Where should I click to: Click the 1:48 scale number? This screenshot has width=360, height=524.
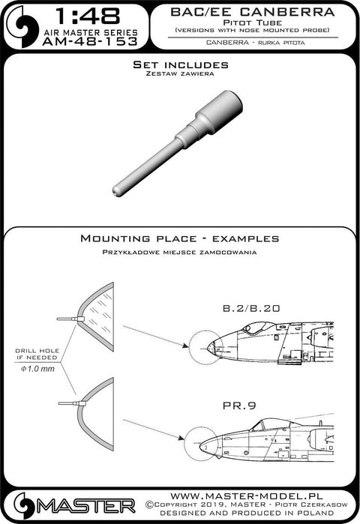pos(88,16)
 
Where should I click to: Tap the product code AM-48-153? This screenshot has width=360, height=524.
pos(90,41)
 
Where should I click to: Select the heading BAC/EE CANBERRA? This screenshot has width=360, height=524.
pos(252,12)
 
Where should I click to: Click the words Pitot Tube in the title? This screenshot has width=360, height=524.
pos(253,22)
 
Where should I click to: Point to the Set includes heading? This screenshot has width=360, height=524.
pos(181,64)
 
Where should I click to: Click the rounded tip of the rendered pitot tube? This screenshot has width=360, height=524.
pos(115,191)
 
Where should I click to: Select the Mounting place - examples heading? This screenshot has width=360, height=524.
pos(180,238)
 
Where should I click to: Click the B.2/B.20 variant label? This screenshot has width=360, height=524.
pos(251,308)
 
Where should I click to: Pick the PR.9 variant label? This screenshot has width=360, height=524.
pos(239,406)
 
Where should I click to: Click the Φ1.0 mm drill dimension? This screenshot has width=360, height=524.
pos(37,369)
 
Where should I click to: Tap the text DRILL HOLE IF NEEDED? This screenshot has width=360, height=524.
pos(37,354)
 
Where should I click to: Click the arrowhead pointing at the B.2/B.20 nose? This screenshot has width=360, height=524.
pos(184,346)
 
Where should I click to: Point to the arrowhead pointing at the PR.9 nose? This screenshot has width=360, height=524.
pos(181,438)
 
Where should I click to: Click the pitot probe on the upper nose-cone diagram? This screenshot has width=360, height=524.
pos(70,319)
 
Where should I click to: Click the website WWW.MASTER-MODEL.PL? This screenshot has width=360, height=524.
pos(247,496)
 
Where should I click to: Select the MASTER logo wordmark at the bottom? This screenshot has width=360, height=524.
pos(86,507)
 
